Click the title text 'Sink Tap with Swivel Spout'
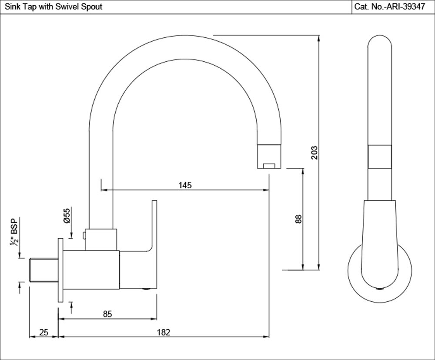[x=53, y=7]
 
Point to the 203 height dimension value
[x=315, y=152]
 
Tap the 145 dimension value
[x=185, y=185]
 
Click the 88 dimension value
[x=298, y=219]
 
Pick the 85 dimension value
[x=107, y=314]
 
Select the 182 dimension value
[x=163, y=332]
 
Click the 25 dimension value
[x=43, y=332]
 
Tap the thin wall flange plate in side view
[x=60, y=270]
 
